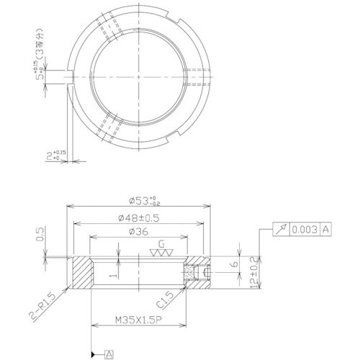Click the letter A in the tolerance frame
tap(325, 229)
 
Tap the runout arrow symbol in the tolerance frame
tap(281, 229)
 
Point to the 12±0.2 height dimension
tap(251, 271)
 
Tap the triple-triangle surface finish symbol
tap(161, 253)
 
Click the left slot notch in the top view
tap(71, 76)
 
